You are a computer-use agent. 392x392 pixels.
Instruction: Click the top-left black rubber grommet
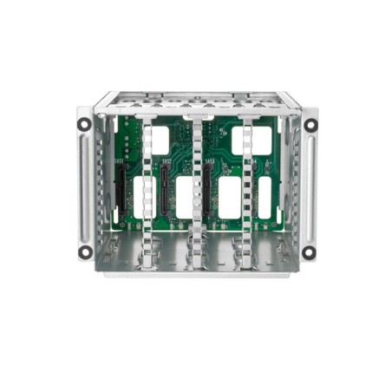84,123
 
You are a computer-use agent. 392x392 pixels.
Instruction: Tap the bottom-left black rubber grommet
85,252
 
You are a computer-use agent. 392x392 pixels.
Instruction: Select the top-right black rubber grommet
310,124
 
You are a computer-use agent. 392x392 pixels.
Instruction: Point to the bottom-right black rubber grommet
310,252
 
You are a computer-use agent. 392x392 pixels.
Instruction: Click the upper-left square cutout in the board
161,138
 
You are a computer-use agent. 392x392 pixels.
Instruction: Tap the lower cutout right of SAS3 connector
229,198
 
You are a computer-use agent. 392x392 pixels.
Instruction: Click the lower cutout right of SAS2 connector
184,198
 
